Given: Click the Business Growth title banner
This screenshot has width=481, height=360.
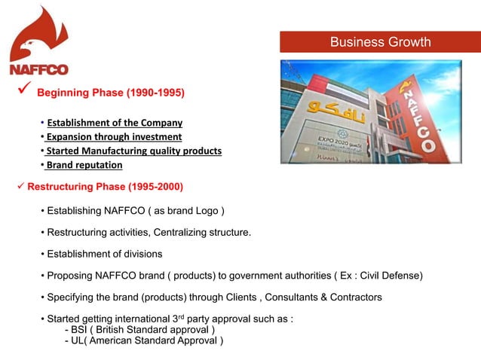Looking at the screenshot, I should pyautogui.click(x=380, y=42).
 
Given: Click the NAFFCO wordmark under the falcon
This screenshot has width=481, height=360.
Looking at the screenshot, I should pyautogui.click(x=38, y=70).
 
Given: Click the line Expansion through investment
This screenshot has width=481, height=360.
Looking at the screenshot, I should pyautogui.click(x=113, y=137).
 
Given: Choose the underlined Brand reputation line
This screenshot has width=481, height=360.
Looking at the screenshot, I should pyautogui.click(x=84, y=166).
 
